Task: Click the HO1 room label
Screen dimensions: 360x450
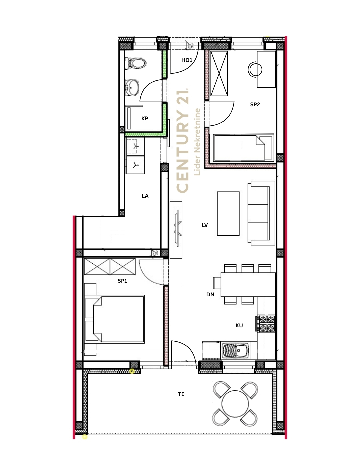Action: coord(187,60)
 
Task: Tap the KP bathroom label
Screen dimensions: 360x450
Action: coord(145,119)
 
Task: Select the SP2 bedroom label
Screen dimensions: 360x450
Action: coord(255,104)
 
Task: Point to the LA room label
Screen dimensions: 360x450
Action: coord(145,196)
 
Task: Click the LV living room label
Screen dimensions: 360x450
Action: coord(205,225)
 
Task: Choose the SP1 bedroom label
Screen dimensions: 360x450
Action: coord(122,281)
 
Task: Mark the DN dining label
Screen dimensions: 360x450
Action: coord(210,294)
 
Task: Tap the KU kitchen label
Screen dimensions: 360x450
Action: coord(239,325)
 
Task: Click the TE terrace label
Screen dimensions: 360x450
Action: coord(181,394)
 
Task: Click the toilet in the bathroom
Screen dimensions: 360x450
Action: coord(136,63)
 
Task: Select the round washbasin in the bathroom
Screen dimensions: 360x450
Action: coord(132,88)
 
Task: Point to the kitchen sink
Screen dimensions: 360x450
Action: coord(235,350)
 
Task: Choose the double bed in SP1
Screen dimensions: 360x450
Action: coord(115,319)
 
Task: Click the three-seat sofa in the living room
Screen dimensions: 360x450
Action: coord(261,213)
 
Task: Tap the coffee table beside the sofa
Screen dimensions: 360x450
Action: coord(228,213)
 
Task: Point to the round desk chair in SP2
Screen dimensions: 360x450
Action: coord(255,70)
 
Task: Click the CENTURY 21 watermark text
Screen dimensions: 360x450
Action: coord(183,141)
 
